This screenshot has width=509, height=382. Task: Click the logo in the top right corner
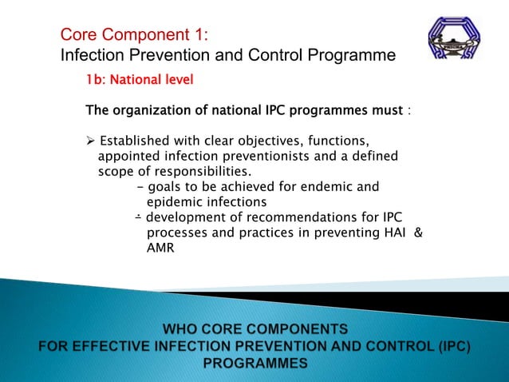coord(454,39)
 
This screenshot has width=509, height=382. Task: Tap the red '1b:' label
coord(100,81)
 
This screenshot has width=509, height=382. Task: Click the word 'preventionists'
coord(264,157)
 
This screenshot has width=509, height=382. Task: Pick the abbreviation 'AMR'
coord(160,248)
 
